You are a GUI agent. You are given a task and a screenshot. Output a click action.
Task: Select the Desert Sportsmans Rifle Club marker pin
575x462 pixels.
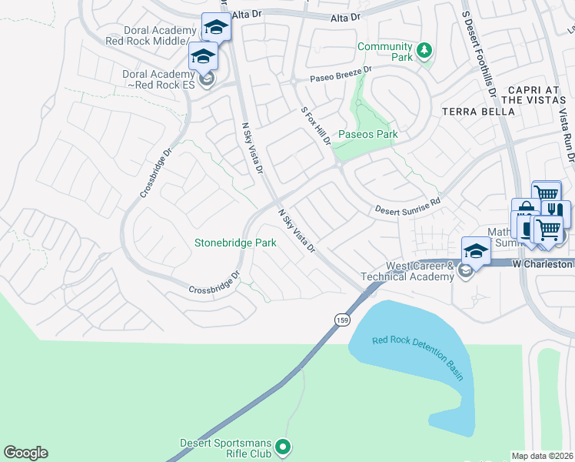[x=283, y=447]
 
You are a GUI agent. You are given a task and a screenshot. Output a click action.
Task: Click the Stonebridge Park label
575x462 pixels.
[x=235, y=243]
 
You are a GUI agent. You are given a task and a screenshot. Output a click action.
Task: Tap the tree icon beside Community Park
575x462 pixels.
[x=423, y=52]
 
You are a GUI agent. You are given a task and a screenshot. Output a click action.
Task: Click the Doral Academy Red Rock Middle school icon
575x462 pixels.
[x=216, y=27]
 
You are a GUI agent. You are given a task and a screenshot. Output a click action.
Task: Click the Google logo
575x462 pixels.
[x=25, y=453]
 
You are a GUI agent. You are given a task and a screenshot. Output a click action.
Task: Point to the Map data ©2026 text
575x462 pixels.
[x=543, y=456]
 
